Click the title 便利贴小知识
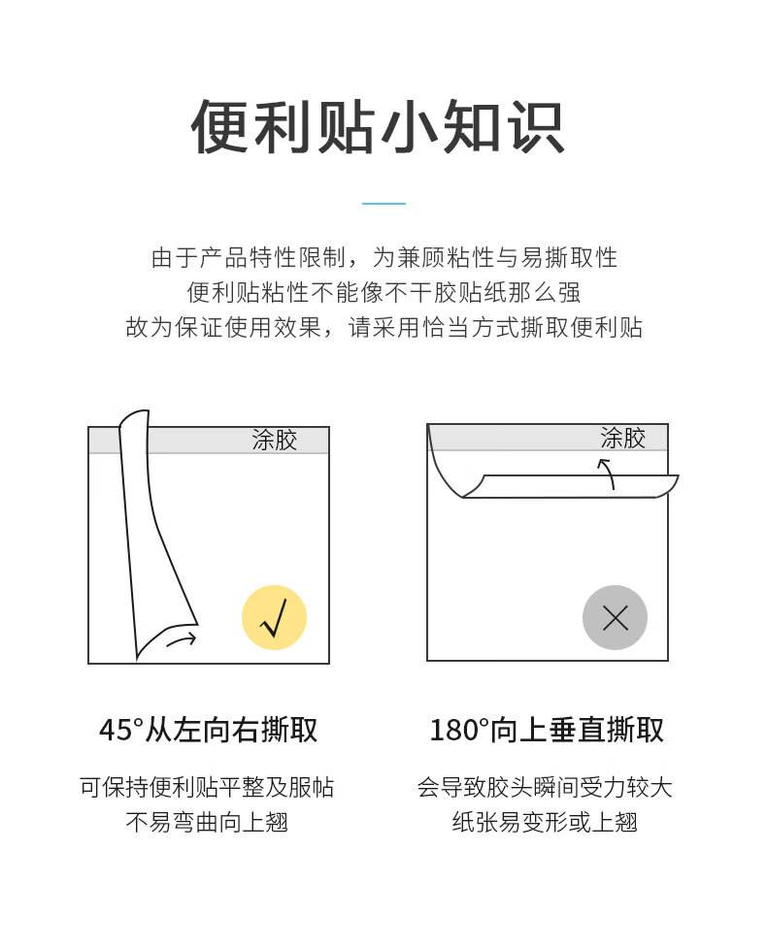[x=378, y=127]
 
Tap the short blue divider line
[x=383, y=204]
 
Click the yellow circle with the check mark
[x=274, y=617]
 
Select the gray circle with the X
[x=615, y=617]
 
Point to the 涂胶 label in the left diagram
[x=275, y=441]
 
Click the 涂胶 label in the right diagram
[x=623, y=438]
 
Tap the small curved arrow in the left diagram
[x=182, y=639]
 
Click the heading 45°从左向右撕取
[x=208, y=729]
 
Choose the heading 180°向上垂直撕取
[x=547, y=729]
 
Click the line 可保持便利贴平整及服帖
[x=207, y=787]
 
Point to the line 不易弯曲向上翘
[x=207, y=822]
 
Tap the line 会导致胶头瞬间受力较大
[x=545, y=787]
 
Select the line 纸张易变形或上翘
[x=545, y=822]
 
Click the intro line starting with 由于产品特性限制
[x=384, y=257]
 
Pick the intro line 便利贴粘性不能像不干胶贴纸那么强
[x=384, y=293]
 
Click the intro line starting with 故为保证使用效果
[x=384, y=328]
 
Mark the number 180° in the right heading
[x=456, y=730]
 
